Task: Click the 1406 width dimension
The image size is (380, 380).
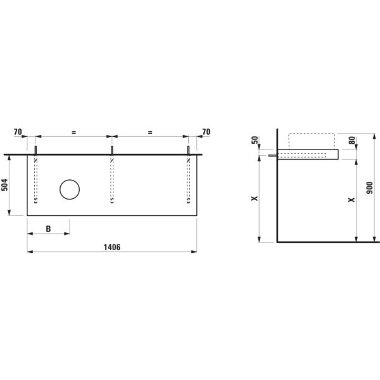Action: (x=111, y=247)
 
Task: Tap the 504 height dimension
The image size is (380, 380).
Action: (x=5, y=185)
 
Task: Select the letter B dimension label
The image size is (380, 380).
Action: (x=48, y=229)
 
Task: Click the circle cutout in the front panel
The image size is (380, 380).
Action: (x=70, y=189)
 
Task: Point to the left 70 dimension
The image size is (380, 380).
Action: (x=18, y=132)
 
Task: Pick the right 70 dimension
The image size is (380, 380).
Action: (x=206, y=132)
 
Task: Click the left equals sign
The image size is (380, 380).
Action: (x=73, y=132)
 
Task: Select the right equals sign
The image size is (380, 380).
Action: (x=150, y=132)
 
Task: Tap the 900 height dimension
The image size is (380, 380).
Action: (x=370, y=189)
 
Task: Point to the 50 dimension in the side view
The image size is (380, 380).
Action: (x=255, y=139)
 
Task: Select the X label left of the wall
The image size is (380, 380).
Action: (x=255, y=198)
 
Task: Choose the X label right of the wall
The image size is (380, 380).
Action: (x=351, y=200)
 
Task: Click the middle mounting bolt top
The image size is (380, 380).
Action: (x=112, y=149)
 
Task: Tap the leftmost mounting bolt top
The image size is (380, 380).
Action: (x=35, y=149)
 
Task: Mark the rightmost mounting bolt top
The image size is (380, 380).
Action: (x=189, y=149)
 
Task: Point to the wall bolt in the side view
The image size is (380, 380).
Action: (x=272, y=155)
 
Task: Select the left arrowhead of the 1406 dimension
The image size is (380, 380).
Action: (x=29, y=251)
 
